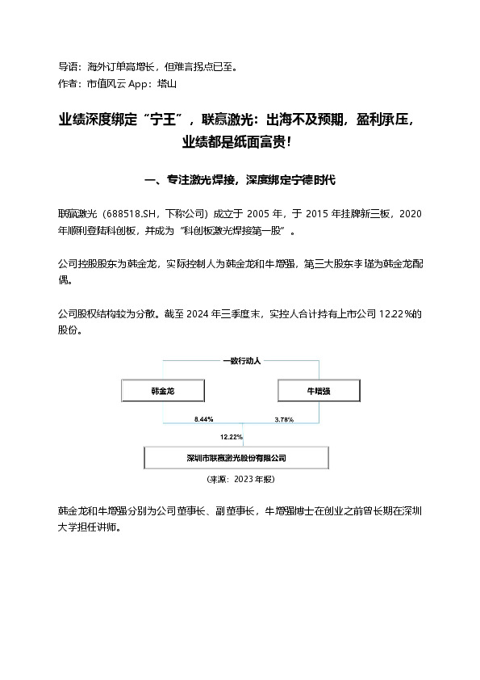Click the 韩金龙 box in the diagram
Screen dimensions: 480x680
[x=162, y=391]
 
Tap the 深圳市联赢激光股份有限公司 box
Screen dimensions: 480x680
[x=236, y=458]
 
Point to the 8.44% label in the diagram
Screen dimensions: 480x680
[x=203, y=420]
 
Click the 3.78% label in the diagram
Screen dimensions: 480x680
[x=284, y=420]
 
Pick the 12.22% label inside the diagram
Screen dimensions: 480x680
[x=231, y=437]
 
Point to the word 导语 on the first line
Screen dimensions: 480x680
[x=67, y=66]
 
